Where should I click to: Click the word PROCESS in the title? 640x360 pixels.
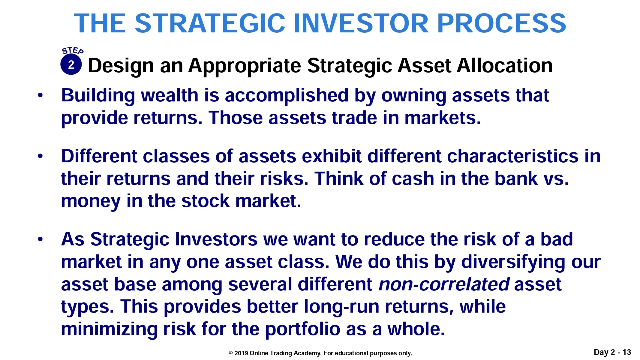pos(501,23)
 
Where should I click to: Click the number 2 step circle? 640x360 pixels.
pos(71,64)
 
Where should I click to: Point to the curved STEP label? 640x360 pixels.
pos(73,50)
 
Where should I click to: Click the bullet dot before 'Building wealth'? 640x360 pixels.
pos(40,95)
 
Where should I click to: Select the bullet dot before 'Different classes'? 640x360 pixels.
pos(40,156)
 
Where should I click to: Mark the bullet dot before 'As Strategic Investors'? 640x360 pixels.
pos(40,239)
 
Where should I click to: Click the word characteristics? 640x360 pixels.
pos(512,156)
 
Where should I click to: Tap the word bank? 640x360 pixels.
pos(516,178)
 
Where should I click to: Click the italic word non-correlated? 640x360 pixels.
pos(444,284)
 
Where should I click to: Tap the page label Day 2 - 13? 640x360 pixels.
pos(612,352)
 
